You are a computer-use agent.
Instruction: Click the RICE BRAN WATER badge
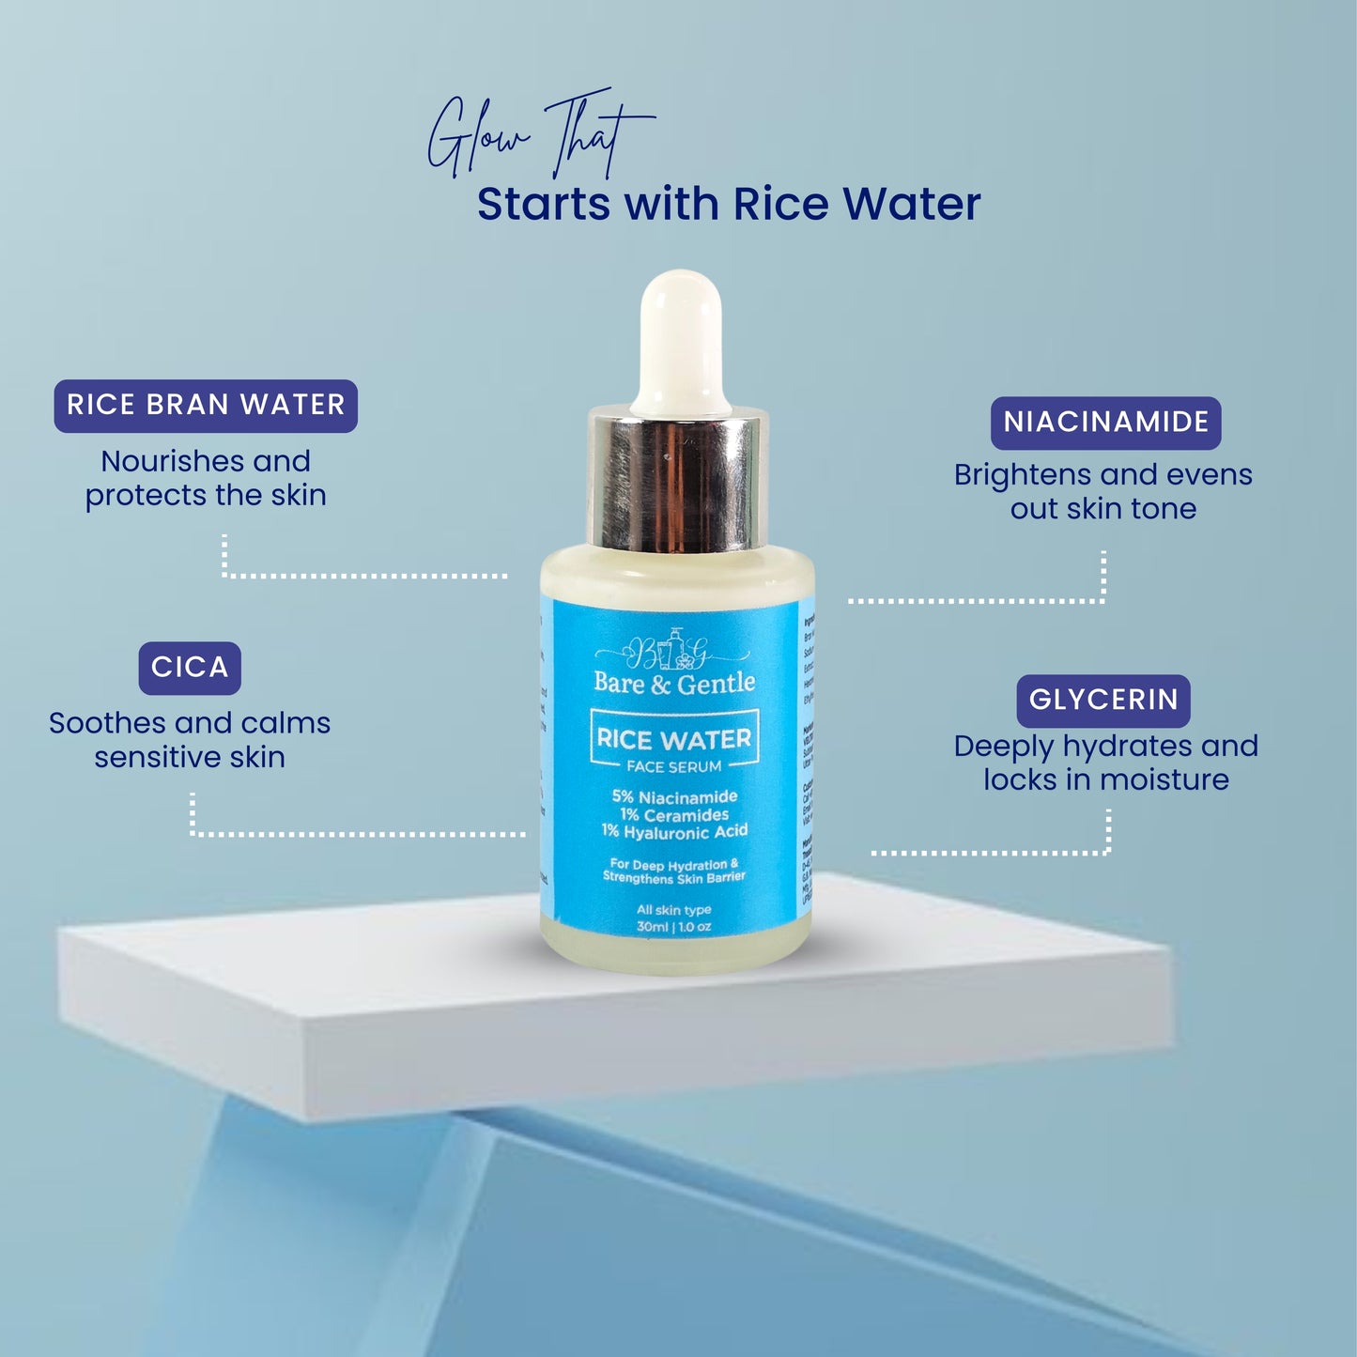(x=206, y=406)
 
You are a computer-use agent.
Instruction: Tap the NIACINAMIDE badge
(x=1105, y=423)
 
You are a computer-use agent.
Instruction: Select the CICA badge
(x=190, y=668)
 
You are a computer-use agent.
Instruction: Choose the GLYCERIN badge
(x=1103, y=701)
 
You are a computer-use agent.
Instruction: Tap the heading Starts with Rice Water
(x=729, y=205)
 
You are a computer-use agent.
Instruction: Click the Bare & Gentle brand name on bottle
(x=674, y=684)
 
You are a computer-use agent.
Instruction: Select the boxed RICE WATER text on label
(x=674, y=739)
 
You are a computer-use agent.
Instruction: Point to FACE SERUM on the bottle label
(x=674, y=767)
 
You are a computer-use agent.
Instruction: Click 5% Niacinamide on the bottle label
(x=674, y=797)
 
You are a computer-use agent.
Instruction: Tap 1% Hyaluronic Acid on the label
(x=674, y=832)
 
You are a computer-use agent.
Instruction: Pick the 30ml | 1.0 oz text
(x=674, y=927)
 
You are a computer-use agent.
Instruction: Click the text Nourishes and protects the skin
(x=206, y=478)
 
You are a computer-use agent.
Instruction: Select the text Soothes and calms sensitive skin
(x=190, y=740)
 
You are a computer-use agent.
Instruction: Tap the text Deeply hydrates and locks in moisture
(x=1105, y=763)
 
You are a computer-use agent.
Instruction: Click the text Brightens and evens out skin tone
(x=1103, y=491)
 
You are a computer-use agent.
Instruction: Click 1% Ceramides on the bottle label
(x=674, y=815)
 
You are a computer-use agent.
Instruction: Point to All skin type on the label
(x=674, y=910)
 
